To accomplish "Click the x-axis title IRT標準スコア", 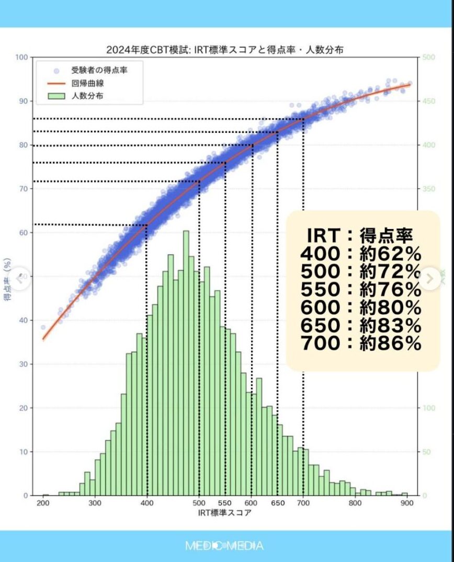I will [224, 513].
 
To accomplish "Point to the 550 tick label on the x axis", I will [225, 504].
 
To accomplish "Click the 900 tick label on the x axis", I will [406, 504].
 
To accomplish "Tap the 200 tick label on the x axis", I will [43, 504].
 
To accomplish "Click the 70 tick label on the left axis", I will [23, 189].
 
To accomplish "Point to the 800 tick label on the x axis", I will [355, 504].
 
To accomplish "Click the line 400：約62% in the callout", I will [361, 254].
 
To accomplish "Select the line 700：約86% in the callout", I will [361, 343].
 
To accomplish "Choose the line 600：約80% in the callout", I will [361, 307].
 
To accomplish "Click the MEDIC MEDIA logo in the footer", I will [224, 546].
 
